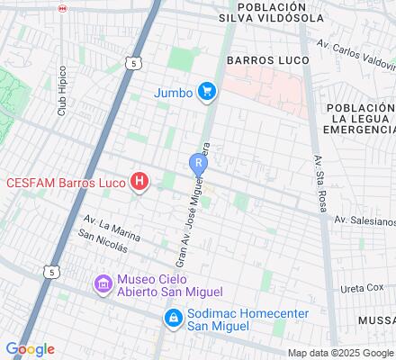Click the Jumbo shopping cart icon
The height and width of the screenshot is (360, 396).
point(207,91)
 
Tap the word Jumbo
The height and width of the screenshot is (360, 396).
point(173,91)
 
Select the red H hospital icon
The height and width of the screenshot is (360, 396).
point(139,183)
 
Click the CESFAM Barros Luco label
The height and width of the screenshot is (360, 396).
point(66,183)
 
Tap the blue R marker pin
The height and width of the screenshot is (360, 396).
point(197,163)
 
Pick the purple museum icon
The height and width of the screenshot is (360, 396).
point(103,285)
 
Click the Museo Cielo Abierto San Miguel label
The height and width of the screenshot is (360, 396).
point(167,284)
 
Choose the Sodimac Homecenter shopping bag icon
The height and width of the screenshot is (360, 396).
point(171,318)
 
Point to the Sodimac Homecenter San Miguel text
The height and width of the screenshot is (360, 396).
point(234,318)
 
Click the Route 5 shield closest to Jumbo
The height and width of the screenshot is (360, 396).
point(133,64)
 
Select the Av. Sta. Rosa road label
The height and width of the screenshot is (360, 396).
point(318,174)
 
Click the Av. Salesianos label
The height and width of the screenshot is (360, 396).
point(364,220)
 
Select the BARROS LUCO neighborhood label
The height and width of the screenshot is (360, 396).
point(267,60)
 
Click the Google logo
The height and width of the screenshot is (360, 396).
point(30,349)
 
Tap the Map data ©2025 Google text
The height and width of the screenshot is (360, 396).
point(340,353)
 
